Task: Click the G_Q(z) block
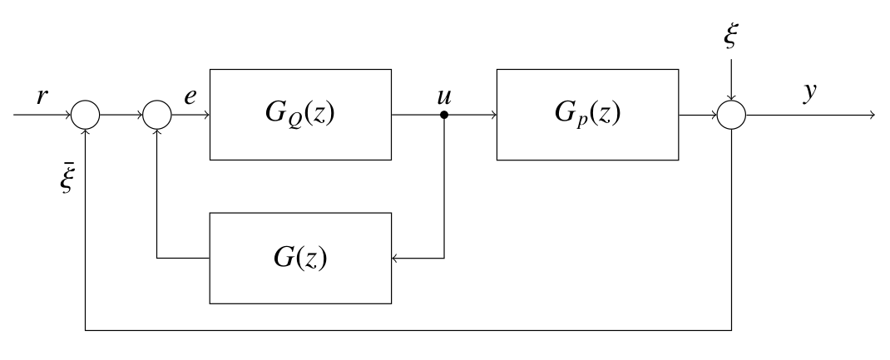coord(300,114)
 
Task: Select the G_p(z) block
coord(587,114)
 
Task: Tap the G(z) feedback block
coord(300,258)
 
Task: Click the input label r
coord(42,96)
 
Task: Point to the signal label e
coord(191,96)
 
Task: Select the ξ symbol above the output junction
coord(732,38)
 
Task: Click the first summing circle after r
coord(86,115)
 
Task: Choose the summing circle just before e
coord(157,115)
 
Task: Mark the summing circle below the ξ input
coord(732,115)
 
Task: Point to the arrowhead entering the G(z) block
coord(397,258)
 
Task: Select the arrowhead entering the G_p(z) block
coord(492,115)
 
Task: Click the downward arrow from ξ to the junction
coord(732,79)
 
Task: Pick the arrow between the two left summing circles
coord(121,115)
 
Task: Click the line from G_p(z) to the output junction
coord(697,115)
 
